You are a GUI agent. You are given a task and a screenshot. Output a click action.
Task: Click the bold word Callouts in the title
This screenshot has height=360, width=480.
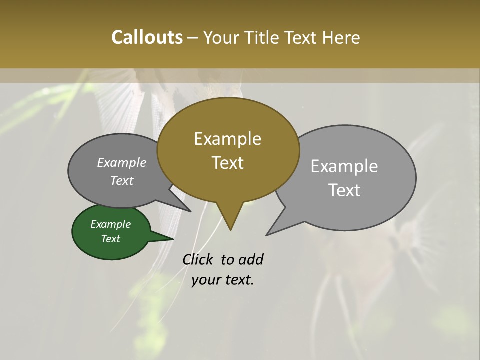pos(147,37)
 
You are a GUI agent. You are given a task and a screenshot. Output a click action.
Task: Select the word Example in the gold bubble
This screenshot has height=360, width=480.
pos(227,139)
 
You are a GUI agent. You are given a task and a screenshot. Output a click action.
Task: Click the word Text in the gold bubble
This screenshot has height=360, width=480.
pos(227,162)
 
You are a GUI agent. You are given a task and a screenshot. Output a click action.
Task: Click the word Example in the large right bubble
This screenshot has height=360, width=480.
pos(344,166)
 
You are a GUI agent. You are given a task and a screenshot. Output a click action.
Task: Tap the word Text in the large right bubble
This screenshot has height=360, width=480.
pos(344,190)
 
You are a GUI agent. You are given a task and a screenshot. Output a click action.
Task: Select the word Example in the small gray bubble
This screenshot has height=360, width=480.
pos(122,162)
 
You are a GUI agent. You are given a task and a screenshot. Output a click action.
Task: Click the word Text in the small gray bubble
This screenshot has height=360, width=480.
pos(122,180)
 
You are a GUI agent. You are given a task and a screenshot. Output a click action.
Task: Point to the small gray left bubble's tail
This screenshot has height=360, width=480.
pos(189,210)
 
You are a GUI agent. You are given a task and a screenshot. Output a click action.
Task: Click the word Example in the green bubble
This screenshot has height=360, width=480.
pos(111,224)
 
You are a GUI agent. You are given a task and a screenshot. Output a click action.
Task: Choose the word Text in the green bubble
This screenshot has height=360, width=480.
pos(111,239)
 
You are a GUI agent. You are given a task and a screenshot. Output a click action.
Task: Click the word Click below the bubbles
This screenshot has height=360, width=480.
pos(198,259)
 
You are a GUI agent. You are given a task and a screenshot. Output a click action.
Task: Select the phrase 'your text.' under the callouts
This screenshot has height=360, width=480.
pos(223,280)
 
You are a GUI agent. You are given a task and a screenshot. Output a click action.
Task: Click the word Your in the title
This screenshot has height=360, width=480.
pos(220,37)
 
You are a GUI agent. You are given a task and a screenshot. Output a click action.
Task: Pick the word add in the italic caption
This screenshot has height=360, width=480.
pos(251,259)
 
